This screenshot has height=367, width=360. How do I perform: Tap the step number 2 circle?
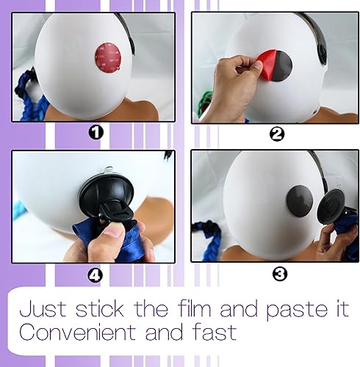pyautogui.click(x=277, y=134)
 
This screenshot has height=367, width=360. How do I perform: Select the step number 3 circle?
pyautogui.click(x=279, y=275)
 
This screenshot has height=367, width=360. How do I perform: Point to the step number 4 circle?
pyautogui.click(x=95, y=275)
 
